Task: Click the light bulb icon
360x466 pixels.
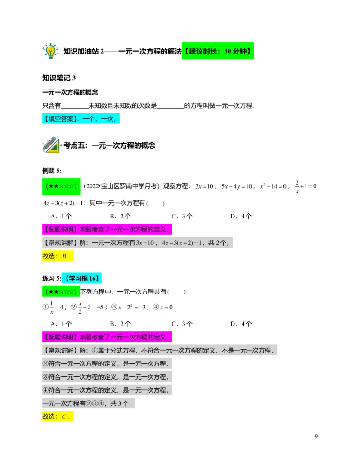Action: pyautogui.click(x=50, y=51)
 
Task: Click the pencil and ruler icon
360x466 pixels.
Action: pyautogui.click(x=51, y=145)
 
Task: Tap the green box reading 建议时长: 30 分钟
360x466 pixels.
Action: pyautogui.click(x=218, y=51)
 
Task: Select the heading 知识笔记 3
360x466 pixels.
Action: pyautogui.click(x=59, y=78)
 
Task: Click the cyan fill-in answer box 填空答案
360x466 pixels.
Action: pyautogui.click(x=81, y=118)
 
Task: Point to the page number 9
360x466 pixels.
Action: pyautogui.click(x=316, y=436)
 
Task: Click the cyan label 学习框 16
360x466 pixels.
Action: pyautogui.click(x=81, y=278)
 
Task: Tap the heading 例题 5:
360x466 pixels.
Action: pyautogui.click(x=52, y=171)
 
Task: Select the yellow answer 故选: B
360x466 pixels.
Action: pyautogui.click(x=58, y=256)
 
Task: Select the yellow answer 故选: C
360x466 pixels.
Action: pyautogui.click(x=58, y=416)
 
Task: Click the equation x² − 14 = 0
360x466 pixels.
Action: pyautogui.click(x=273, y=186)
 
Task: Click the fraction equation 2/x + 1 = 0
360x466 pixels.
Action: pyautogui.click(x=306, y=187)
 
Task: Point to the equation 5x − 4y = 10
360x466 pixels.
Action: pyautogui.click(x=236, y=187)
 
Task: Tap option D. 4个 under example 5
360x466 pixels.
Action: pyautogui.click(x=241, y=217)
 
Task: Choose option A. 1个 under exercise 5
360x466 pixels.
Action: pyautogui.click(x=61, y=324)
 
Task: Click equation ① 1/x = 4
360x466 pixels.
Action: pyautogui.click(x=53, y=308)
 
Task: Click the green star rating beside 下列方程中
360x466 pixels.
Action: pyautogui.click(x=61, y=292)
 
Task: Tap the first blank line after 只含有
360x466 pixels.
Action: pyautogui.click(x=75, y=108)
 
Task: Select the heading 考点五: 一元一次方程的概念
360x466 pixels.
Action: pyautogui.click(x=109, y=145)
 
